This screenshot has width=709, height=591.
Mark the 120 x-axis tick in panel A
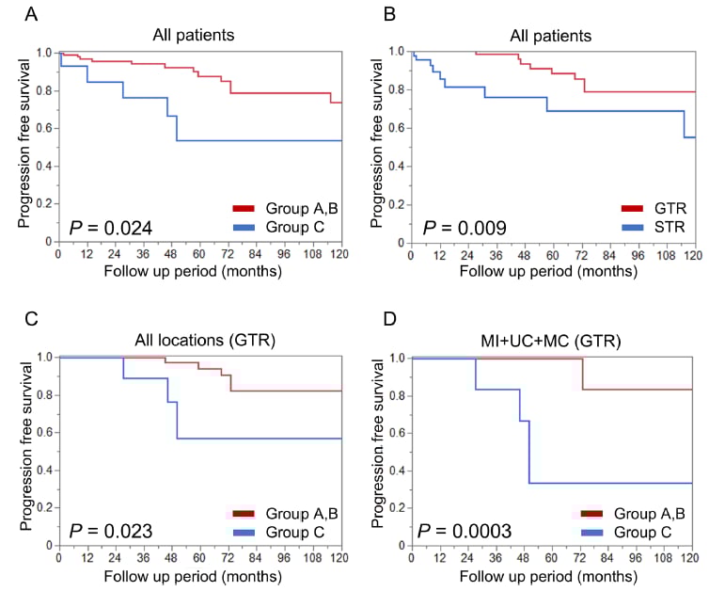(340, 254)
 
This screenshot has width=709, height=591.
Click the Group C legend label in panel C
(291, 531)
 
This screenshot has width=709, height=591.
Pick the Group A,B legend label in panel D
(650, 514)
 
